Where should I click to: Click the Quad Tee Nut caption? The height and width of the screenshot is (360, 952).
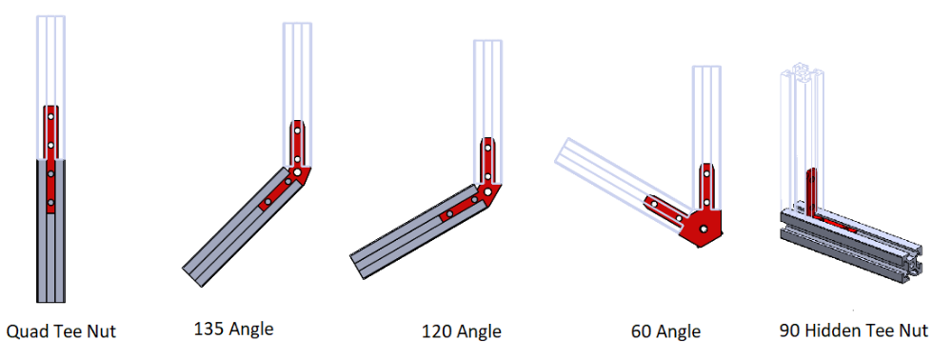pos(61,331)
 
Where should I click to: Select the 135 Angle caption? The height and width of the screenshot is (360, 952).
pos(234,329)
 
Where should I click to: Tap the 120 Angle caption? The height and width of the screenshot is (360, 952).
pos(462,331)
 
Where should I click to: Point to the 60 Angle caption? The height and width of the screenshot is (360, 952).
pos(665,331)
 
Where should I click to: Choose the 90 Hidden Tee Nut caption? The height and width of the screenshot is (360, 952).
pos(854,330)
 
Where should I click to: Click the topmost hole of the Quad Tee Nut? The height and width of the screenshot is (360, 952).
pos(51,116)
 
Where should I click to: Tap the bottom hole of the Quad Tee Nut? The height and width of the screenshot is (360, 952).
pos(51,202)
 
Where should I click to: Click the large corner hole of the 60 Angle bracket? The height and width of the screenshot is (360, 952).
pos(704,229)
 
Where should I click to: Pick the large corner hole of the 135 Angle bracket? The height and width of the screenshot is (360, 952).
pos(297,172)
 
